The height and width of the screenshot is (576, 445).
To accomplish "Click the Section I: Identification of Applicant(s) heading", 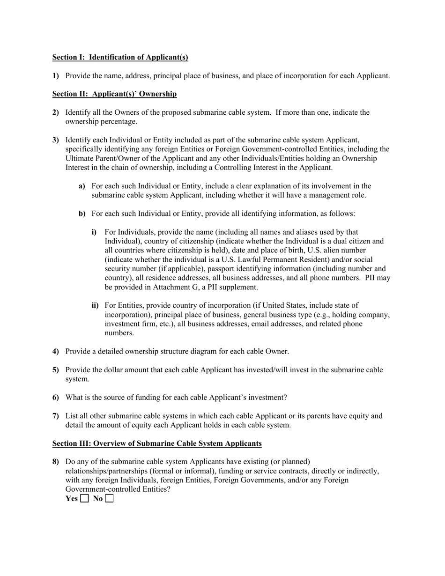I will tap(120, 58).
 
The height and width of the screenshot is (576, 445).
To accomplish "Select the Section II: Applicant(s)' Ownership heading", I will tap(114, 94).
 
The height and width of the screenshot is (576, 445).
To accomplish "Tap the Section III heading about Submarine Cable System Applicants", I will tap(157, 443).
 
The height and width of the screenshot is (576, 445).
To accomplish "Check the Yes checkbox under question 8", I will tap(84, 499).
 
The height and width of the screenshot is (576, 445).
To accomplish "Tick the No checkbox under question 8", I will tap(110, 499).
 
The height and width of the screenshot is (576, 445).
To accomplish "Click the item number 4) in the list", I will tap(56, 352).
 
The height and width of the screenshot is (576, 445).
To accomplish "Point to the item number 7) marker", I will tap(56, 416).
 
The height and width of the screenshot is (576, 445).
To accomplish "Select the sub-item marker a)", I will tap(82, 186).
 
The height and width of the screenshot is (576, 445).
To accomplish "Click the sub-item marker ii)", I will tap(95, 306).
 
